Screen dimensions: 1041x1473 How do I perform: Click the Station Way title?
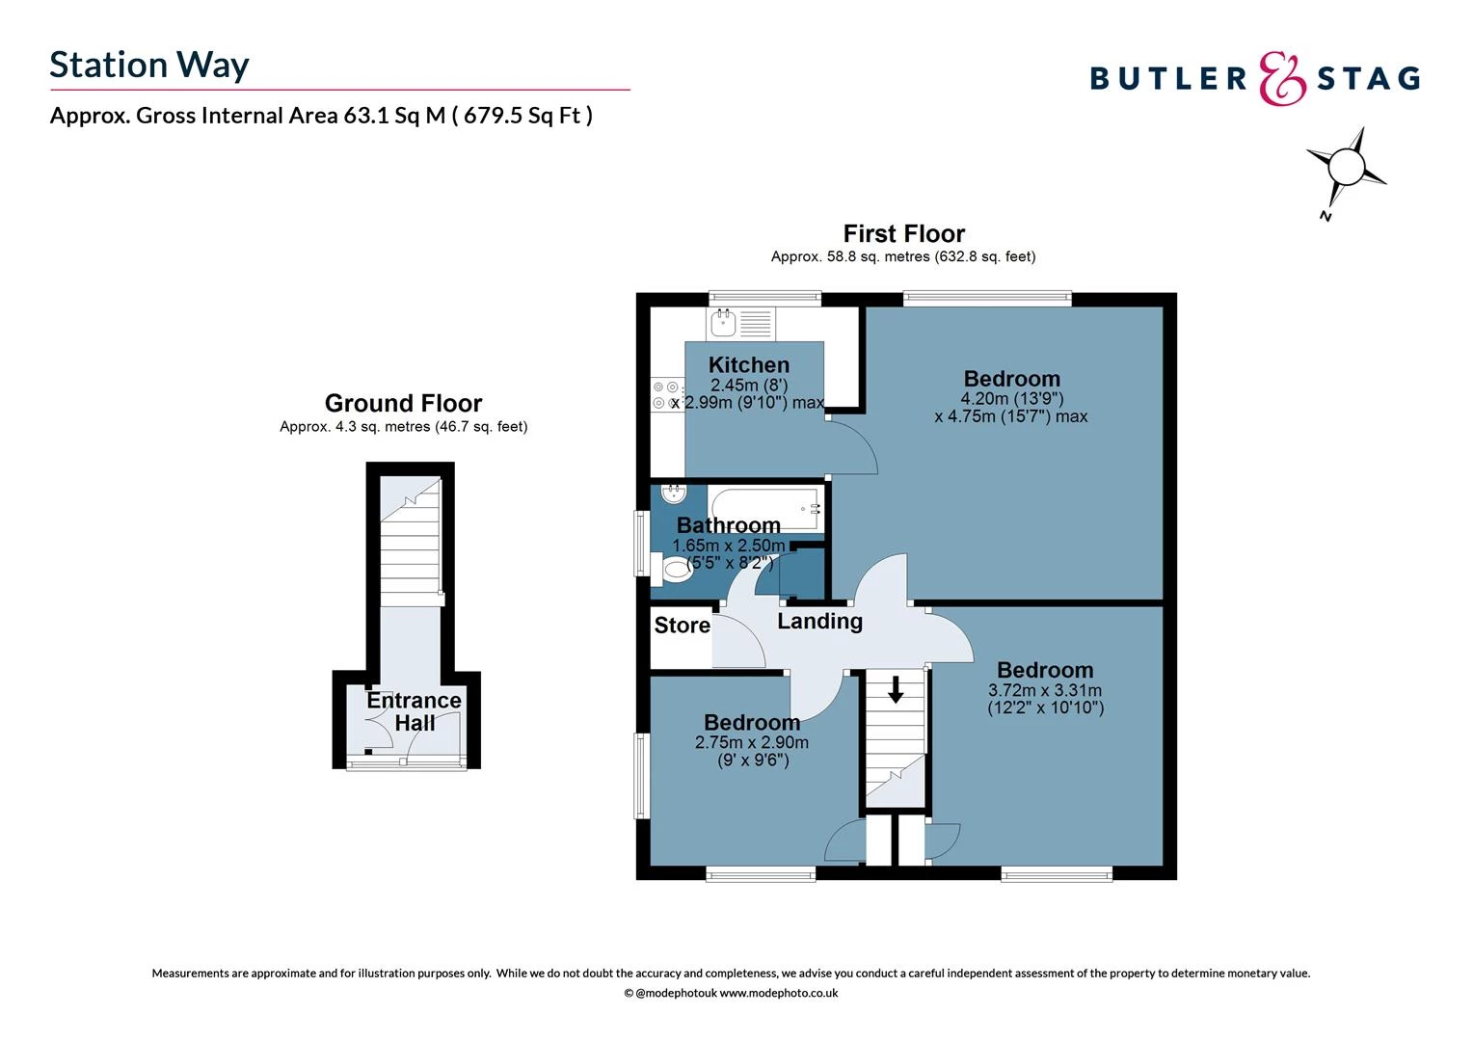point(149,65)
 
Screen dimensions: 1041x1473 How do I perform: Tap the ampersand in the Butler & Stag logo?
point(1283,78)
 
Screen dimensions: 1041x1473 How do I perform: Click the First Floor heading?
point(903,233)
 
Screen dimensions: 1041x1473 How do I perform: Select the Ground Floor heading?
point(403,403)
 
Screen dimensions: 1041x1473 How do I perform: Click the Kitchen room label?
point(749,364)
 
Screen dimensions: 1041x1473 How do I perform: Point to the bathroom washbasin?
point(674,494)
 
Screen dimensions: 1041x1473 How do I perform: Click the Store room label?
point(683,626)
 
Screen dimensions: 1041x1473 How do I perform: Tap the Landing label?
point(819,621)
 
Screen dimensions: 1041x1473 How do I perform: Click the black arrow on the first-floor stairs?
point(896,689)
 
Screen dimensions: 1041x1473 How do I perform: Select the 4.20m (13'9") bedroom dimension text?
point(1011,398)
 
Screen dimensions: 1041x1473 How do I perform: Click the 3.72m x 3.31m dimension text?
point(1045,690)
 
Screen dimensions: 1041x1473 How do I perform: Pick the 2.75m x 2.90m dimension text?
point(752,742)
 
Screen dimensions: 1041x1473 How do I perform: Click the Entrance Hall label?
point(414,711)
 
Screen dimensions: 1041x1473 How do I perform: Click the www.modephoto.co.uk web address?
point(779,993)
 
